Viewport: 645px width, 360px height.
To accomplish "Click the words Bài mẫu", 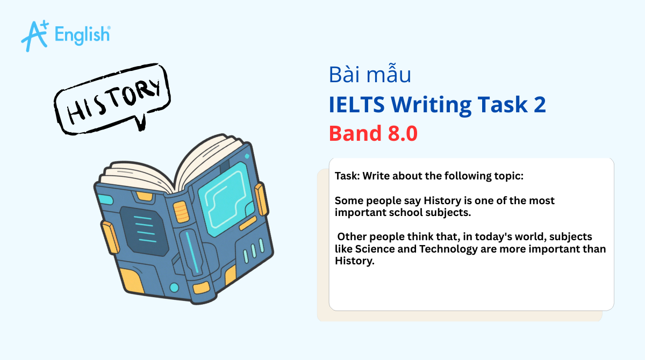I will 370,75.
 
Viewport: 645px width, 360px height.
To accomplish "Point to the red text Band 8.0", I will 373,133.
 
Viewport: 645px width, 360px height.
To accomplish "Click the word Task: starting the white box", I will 349,176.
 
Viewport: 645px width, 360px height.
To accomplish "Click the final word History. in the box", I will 354,261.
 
